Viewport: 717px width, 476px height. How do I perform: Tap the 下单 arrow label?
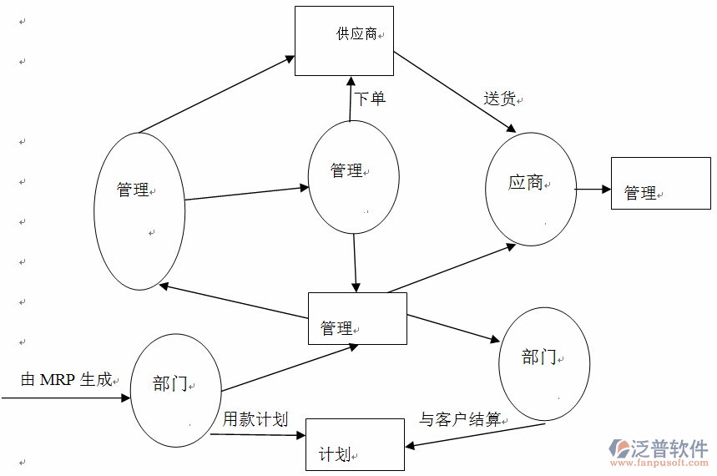pos(370,99)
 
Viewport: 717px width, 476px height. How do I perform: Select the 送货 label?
pos(500,99)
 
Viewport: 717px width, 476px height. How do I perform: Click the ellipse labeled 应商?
pos(531,189)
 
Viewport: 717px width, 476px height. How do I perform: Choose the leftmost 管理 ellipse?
pos(139,210)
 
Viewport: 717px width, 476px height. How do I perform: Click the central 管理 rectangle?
pos(357,318)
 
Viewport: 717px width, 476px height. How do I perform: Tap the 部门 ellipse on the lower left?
pos(176,389)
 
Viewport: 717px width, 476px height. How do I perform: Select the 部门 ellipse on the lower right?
pos(544,364)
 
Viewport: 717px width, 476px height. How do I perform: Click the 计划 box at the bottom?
pos(355,444)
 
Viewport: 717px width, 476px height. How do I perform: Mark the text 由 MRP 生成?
pos(66,380)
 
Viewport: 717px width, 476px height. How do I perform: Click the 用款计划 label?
pos(255,419)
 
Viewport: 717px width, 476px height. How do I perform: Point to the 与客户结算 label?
pos(461,419)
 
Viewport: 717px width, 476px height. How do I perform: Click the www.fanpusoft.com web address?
pos(659,463)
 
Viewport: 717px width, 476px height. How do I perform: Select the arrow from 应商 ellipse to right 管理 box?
pos(593,190)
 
